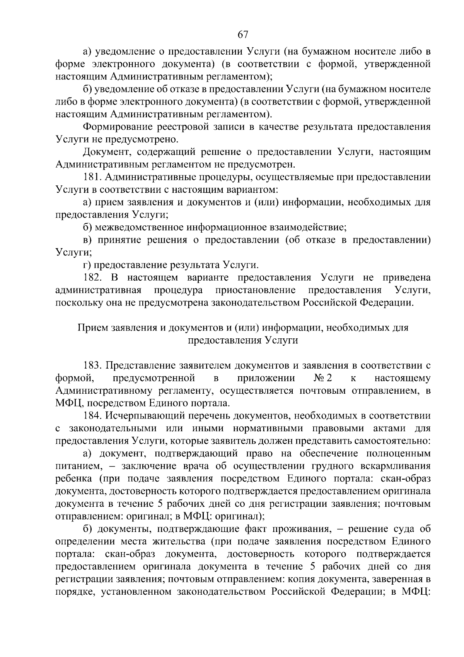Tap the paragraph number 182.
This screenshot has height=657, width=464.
coord(92,278)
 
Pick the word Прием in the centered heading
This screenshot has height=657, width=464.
coord(93,328)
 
